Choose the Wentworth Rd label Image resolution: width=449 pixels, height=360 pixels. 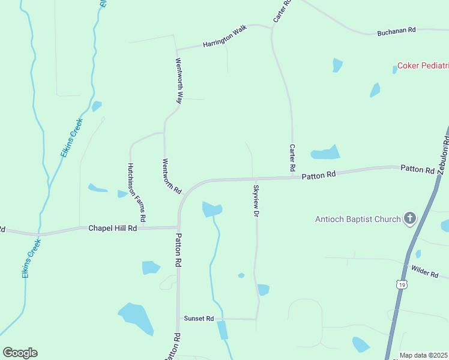172,176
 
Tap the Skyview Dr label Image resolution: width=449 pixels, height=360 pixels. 256,201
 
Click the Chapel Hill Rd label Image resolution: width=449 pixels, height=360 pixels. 113,228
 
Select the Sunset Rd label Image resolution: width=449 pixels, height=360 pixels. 199,319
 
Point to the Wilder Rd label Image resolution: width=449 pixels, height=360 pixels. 425,272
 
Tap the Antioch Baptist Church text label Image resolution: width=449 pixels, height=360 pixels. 358,219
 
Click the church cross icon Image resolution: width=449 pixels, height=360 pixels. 411,218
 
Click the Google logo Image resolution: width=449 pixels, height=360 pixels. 20,353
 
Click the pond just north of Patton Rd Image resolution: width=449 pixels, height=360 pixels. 325,152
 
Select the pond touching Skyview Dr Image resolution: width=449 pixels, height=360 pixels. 263,290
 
